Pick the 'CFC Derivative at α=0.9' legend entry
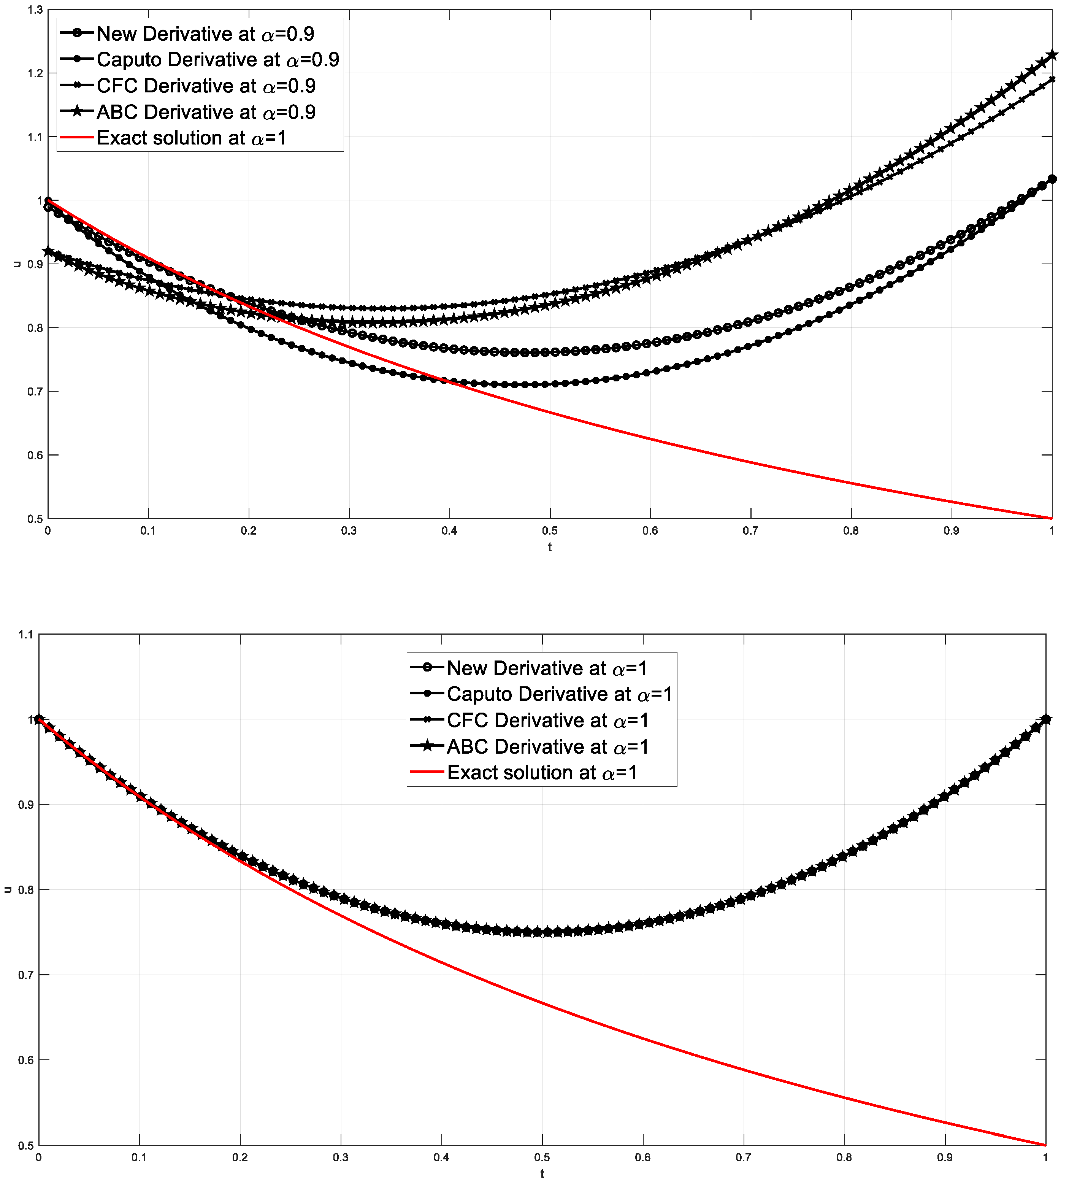coord(206,86)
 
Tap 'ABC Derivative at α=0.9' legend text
coord(206,112)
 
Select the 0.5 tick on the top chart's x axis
coord(550,531)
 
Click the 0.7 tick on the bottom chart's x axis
coord(744,1158)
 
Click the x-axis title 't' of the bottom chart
coord(542,1174)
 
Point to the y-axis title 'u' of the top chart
coord(17,264)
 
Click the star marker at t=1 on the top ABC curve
coord(1052,55)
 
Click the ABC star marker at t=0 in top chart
coord(48,251)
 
